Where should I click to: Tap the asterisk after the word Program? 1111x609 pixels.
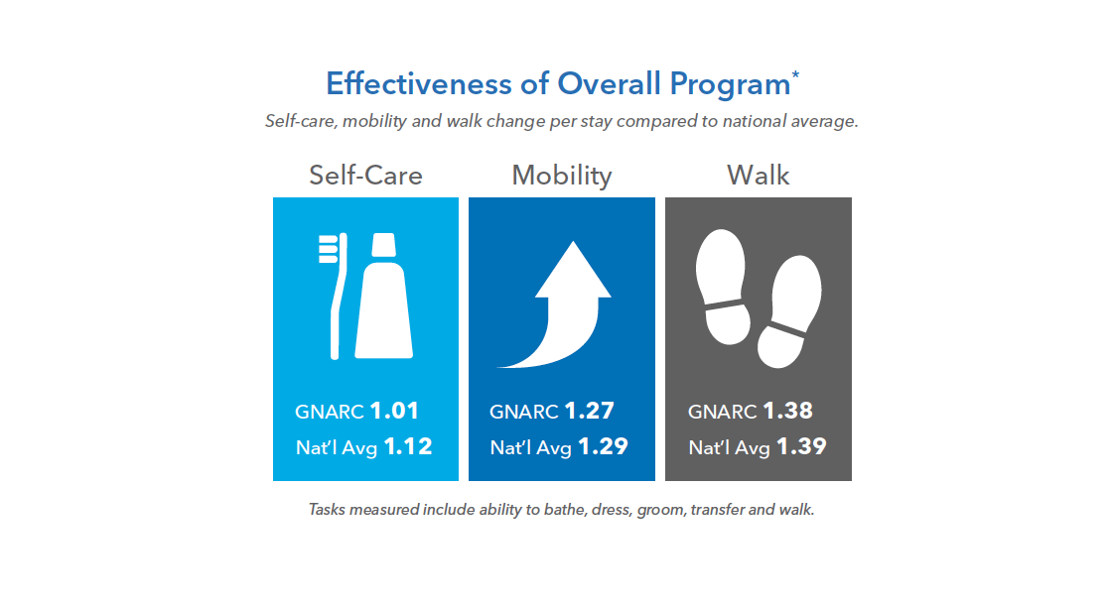pos(795,74)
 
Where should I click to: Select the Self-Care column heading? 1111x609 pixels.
pos(365,176)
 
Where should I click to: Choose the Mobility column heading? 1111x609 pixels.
pos(561,176)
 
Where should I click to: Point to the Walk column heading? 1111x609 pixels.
pos(758,176)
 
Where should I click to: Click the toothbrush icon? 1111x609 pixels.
pos(335,294)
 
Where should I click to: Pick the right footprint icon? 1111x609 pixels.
pos(788,311)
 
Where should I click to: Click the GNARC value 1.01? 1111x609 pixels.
pos(394,411)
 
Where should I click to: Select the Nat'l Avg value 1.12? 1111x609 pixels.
pos(408,446)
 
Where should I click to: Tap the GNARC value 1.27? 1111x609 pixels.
pos(589,411)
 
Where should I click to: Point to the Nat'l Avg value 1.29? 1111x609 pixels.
pos(603,446)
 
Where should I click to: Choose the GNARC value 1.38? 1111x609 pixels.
pos(787,411)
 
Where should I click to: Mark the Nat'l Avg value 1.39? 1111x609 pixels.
pos(801,446)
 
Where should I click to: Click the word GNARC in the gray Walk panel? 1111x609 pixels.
pos(722,412)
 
